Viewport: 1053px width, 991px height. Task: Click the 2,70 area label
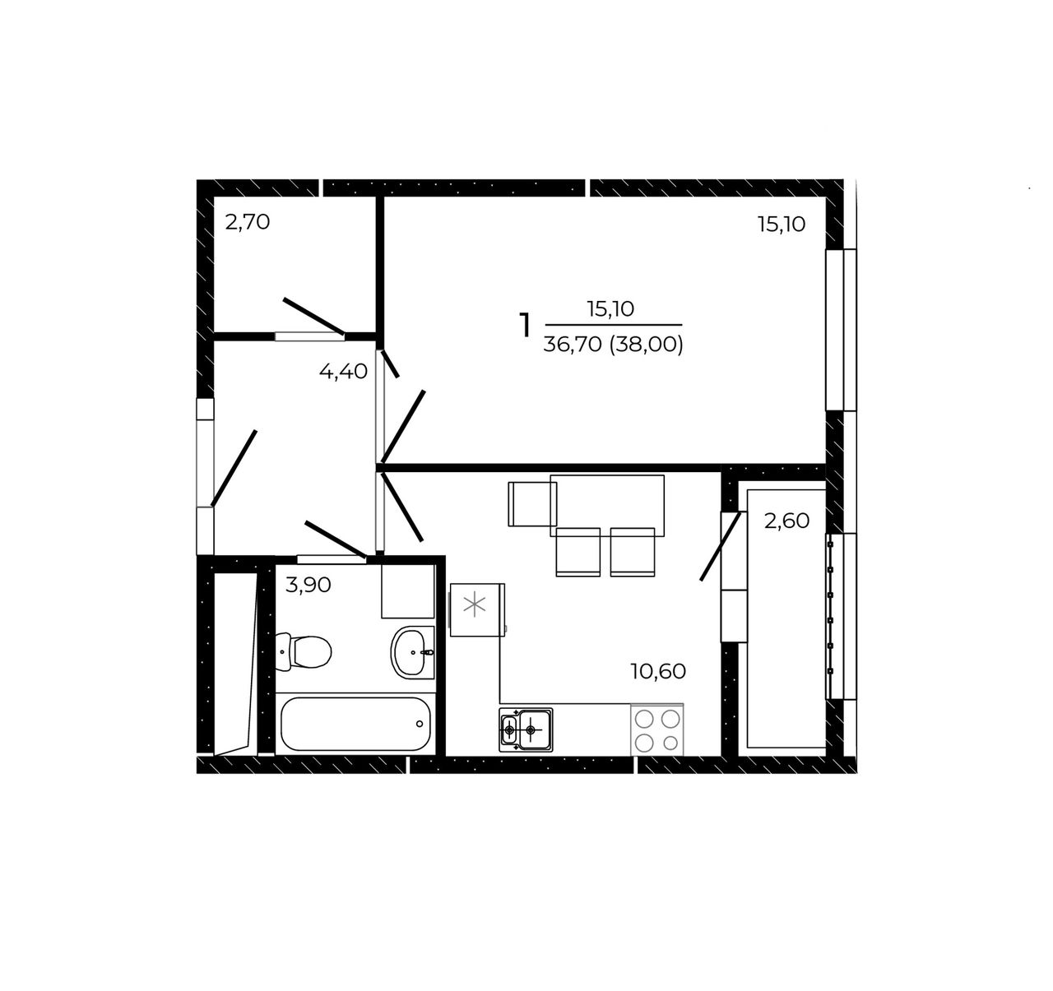point(248,222)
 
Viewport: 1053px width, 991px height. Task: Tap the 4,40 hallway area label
point(343,372)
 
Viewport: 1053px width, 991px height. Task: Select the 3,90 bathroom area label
point(308,585)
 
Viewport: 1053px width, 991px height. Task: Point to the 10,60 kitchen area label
point(658,671)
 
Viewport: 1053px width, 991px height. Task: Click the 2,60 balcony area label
point(786,521)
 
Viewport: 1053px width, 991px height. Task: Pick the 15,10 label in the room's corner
point(782,225)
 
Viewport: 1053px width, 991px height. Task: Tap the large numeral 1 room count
point(525,325)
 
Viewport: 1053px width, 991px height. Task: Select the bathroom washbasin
point(413,652)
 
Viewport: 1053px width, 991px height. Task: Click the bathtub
point(355,724)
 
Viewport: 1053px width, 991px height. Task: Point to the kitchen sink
point(526,729)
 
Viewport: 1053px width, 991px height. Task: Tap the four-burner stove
point(657,730)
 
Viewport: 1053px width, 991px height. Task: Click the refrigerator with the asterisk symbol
point(477,609)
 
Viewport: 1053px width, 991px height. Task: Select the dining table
point(607,506)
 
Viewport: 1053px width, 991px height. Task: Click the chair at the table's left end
point(531,504)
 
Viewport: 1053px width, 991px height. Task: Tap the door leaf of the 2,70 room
point(314,317)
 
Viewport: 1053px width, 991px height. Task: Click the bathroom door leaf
point(336,539)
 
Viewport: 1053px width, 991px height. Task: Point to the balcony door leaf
point(720,546)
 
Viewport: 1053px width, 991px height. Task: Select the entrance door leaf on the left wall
point(234,468)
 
